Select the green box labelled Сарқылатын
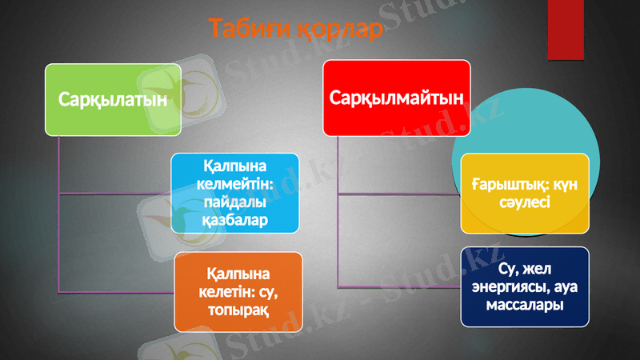[x=113, y=99]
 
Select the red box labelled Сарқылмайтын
[x=397, y=98]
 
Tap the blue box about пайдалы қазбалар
[x=235, y=193]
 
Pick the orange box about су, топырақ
[x=238, y=291]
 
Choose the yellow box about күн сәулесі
[x=524, y=194]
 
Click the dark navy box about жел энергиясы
[x=525, y=286]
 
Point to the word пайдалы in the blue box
[x=235, y=201]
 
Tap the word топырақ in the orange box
[x=239, y=308]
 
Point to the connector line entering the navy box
[x=400, y=286]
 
